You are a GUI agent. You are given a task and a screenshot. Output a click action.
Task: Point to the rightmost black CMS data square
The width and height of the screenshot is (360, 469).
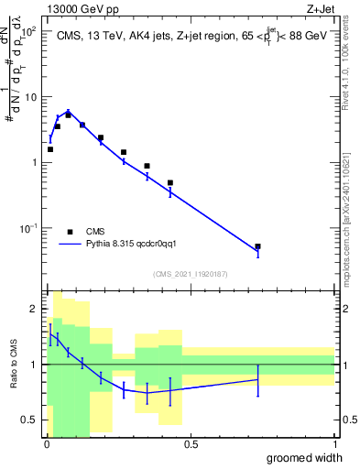[x=257, y=246]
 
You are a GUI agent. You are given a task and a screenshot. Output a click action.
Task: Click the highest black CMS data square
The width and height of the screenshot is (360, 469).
[x=68, y=115]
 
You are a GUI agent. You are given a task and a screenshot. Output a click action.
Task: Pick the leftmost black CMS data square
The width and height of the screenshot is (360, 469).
[x=50, y=149]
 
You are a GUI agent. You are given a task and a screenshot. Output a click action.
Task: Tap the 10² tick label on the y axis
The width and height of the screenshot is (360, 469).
[x=28, y=31]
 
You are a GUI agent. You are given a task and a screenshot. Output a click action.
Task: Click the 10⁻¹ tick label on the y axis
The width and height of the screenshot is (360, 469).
[x=27, y=228]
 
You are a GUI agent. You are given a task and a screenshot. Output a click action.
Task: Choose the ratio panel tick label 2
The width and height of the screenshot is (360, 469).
[x=34, y=309]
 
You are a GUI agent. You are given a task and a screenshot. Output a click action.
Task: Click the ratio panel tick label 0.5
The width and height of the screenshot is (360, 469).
[x=29, y=420]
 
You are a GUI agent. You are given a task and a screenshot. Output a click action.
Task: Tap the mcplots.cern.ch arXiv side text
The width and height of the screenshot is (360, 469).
[x=345, y=202]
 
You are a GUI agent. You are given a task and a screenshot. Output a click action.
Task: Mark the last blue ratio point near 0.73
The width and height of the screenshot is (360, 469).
[x=257, y=379]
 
